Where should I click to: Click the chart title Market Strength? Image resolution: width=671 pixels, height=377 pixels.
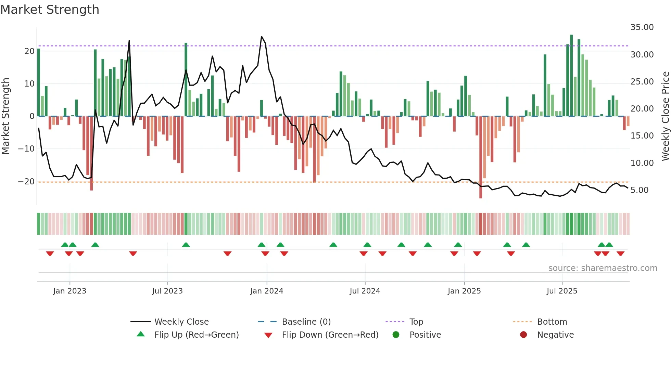point(50,10)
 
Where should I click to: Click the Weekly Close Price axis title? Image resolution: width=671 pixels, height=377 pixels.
point(665,116)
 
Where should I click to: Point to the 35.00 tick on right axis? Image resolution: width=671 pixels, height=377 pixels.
point(642,27)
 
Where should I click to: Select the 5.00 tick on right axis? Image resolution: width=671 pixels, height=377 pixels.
point(640,190)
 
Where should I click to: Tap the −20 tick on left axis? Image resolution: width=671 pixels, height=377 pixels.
point(26,182)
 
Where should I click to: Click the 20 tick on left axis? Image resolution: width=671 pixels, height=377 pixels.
point(29,51)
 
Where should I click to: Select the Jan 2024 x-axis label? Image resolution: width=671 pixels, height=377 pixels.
point(267,291)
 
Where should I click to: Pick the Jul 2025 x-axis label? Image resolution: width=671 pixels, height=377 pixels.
point(562,291)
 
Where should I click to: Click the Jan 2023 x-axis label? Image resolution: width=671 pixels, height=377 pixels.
point(70,291)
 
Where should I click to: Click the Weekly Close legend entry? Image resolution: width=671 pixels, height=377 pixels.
point(181,322)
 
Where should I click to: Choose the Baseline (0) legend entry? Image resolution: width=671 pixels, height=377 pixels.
point(306,322)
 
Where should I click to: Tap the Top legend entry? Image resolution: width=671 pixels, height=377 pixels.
point(416,322)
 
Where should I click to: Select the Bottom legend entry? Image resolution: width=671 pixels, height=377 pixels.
point(552,322)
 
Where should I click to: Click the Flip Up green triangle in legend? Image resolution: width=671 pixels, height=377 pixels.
point(141,334)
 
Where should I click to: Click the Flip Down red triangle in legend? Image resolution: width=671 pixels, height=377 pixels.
point(268,335)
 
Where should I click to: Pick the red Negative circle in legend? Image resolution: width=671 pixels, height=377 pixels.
point(523,335)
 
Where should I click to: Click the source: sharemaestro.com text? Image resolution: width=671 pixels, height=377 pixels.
point(603,268)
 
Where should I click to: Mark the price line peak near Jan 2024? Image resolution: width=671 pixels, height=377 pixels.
point(262,37)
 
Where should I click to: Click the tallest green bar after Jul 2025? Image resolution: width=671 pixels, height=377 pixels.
point(571,75)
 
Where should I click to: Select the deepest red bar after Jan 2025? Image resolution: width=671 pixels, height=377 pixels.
point(481,157)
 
